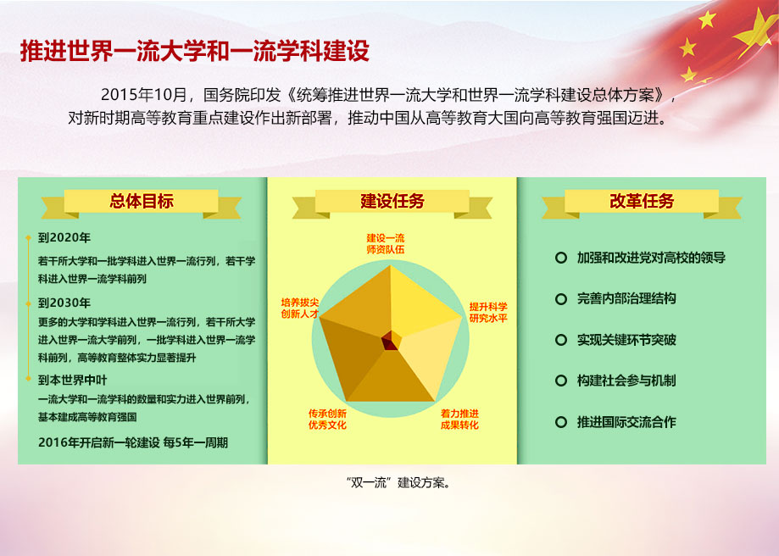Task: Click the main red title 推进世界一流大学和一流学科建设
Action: click(194, 51)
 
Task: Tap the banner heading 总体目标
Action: click(142, 202)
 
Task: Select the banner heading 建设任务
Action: click(392, 202)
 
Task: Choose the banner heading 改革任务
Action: click(642, 202)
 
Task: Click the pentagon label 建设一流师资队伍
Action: click(386, 243)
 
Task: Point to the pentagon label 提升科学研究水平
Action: click(488, 312)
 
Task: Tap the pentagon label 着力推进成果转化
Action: click(459, 419)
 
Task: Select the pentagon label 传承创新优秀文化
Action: click(327, 419)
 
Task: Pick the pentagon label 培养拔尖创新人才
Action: click(299, 308)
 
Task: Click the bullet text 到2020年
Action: click(64, 237)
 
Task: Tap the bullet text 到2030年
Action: click(64, 303)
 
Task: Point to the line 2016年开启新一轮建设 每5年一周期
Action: click(133, 442)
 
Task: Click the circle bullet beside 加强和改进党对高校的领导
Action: click(560, 258)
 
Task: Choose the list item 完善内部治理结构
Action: click(626, 299)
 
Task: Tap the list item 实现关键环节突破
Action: click(626, 340)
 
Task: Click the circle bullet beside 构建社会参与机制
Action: click(560, 381)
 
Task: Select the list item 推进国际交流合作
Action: click(626, 421)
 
